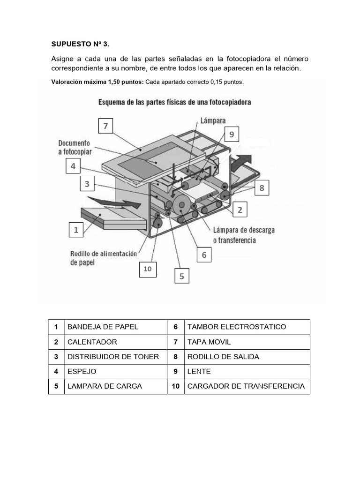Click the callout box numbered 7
coord(106,126)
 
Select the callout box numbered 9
coord(231,135)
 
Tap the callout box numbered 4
coord(73,166)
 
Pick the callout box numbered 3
coord(87,184)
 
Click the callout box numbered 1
coord(76,230)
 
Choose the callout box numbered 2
coord(240,210)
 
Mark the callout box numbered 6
coord(204,255)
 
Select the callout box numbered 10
coord(148,269)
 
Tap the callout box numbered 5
coord(182,277)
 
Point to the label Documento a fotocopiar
coord(75,147)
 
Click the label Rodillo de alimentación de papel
coord(103,258)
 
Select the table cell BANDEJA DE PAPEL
coord(103,327)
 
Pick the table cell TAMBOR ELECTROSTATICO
coord(236,327)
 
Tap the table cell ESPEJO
coord(82,371)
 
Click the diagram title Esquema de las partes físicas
coord(173,102)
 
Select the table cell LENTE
coord(199,371)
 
